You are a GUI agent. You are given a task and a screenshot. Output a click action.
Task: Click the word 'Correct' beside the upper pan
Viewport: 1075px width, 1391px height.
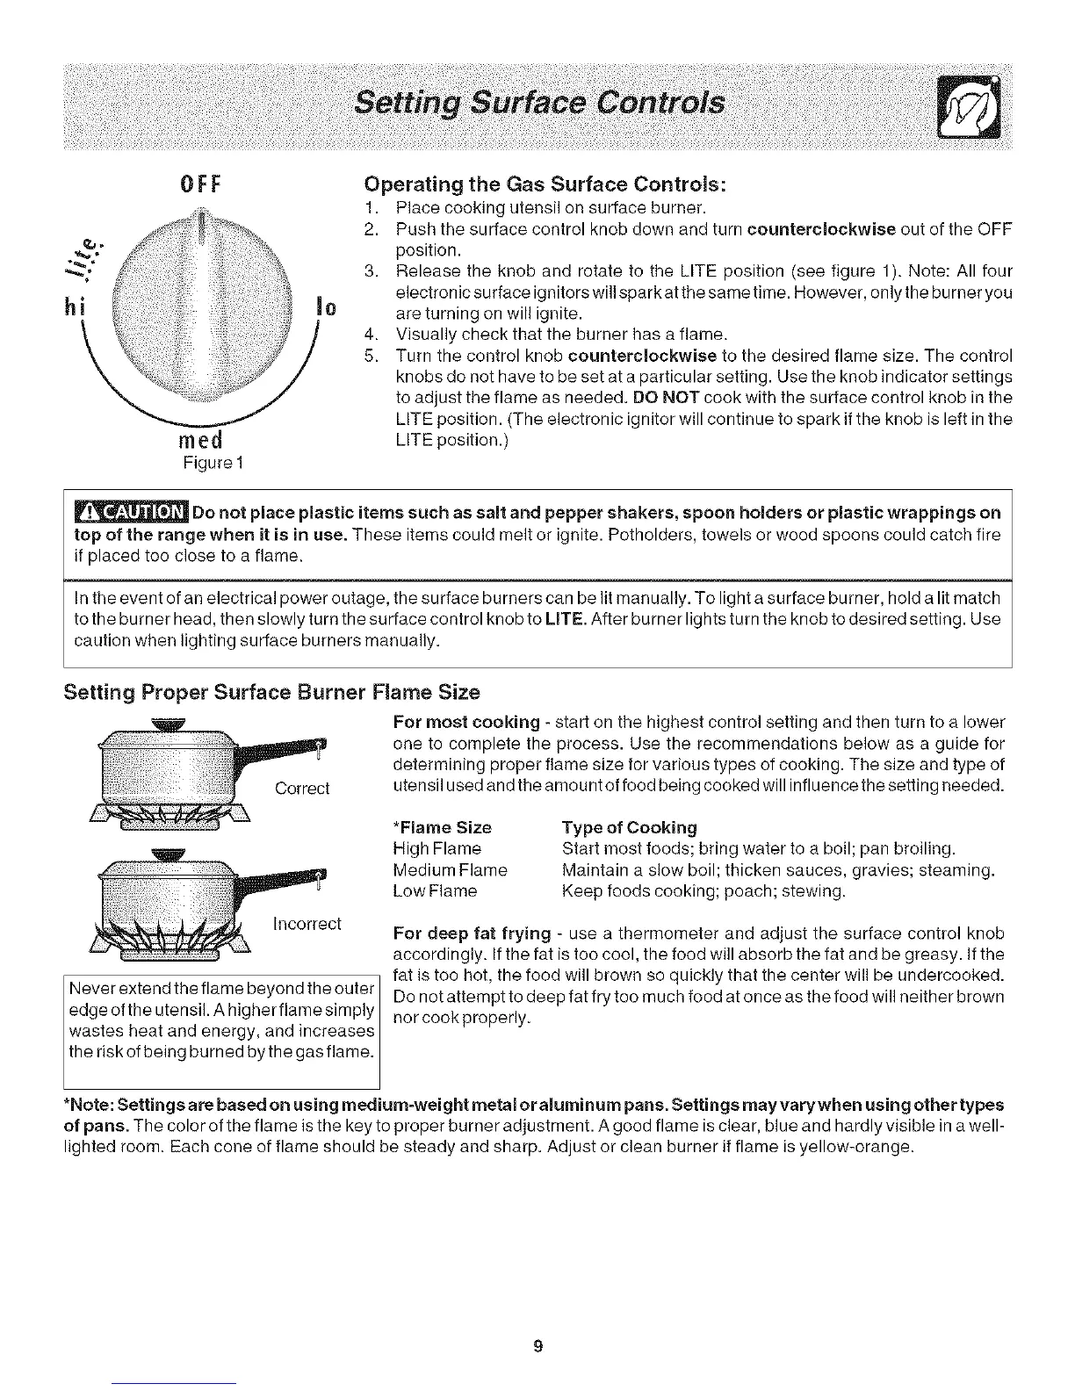click(302, 789)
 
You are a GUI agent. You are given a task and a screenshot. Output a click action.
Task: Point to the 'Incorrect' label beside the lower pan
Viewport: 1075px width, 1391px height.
click(307, 924)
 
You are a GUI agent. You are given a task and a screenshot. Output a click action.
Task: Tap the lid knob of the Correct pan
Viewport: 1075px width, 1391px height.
click(169, 724)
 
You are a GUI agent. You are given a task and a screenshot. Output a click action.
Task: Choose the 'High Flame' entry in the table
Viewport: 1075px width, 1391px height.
click(437, 849)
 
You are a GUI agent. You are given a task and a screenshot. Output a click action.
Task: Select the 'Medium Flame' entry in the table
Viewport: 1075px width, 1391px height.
click(451, 870)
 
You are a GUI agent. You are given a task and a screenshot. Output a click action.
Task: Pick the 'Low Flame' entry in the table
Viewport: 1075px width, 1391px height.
click(435, 891)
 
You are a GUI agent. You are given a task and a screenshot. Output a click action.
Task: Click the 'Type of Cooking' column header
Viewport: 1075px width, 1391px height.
click(629, 827)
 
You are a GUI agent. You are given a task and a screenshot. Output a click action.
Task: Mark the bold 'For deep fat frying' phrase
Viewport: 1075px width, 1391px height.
click(472, 933)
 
